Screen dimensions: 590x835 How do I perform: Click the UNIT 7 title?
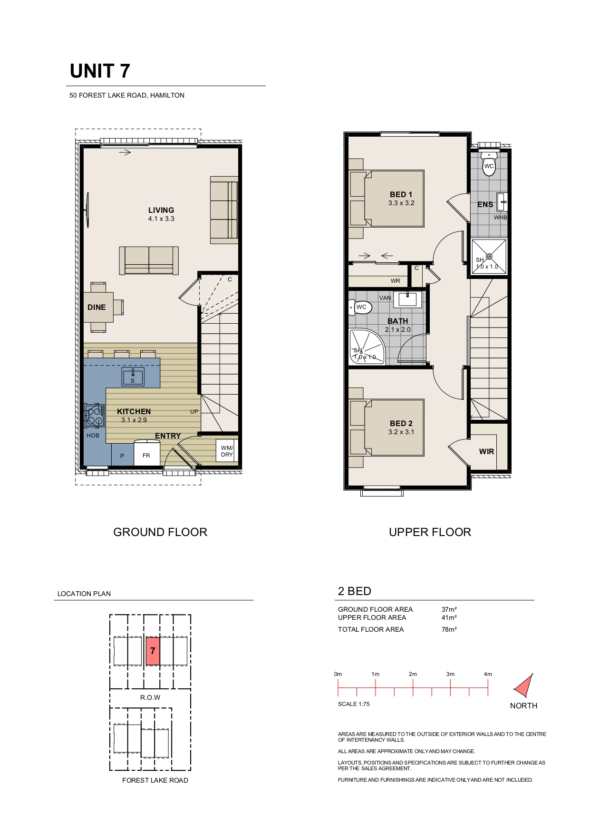point(100,71)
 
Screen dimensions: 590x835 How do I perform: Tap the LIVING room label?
point(161,210)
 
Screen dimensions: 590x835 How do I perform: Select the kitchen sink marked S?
point(133,377)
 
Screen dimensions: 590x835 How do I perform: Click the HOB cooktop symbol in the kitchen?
point(95,415)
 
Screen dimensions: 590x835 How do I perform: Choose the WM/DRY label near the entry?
point(227,451)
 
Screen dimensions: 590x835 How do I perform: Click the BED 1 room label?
point(401,194)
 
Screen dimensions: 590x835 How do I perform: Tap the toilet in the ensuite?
point(489,163)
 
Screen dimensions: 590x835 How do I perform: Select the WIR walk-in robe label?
point(486,451)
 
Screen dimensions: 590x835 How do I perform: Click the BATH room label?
point(397,321)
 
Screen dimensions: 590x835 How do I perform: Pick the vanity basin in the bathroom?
point(407,299)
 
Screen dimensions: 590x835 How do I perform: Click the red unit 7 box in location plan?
point(153,651)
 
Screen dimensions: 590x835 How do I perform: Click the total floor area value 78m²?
point(449,629)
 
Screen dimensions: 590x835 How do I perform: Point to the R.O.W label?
point(150,697)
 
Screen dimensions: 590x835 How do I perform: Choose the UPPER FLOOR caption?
point(430,532)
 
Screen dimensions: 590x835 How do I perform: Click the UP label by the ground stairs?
point(194,412)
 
